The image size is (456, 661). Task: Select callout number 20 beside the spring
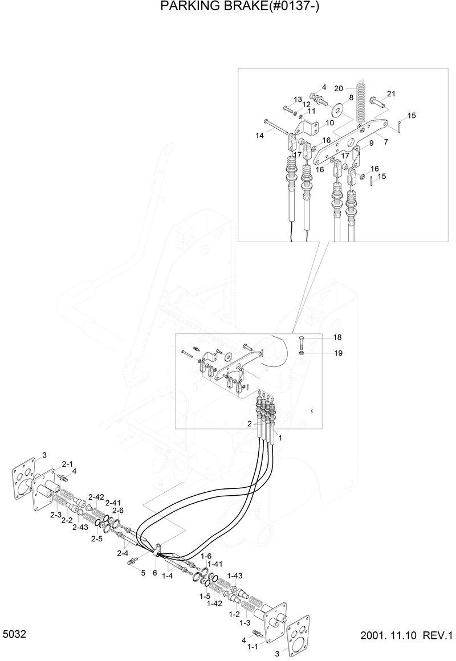(338, 88)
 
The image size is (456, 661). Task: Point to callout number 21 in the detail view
(391, 94)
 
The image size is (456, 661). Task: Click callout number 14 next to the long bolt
(259, 136)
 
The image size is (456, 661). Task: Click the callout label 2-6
(118, 510)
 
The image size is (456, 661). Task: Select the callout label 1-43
(235, 576)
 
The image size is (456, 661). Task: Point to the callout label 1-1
(252, 647)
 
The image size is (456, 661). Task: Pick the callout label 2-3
(55, 515)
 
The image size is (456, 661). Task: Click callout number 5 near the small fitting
(143, 572)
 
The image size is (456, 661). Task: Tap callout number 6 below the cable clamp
(154, 572)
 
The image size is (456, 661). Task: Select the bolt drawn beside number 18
(302, 344)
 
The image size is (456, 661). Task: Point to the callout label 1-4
(167, 577)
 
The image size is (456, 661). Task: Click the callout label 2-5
(97, 538)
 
